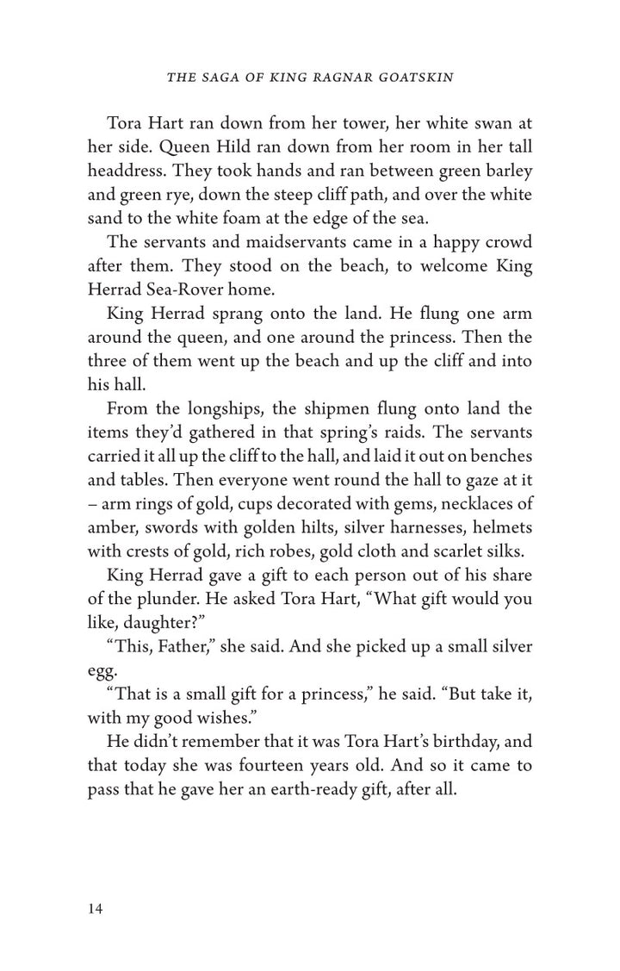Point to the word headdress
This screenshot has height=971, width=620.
click(129, 169)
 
